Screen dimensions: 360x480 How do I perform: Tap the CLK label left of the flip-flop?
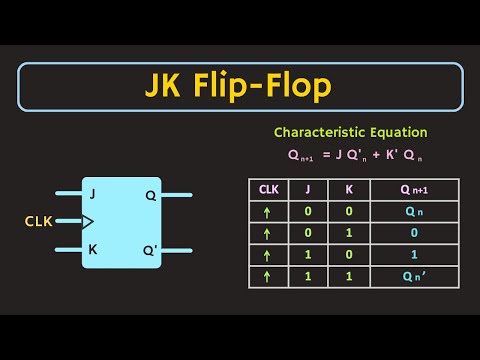click(x=40, y=221)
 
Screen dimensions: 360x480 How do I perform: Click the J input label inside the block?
click(x=94, y=195)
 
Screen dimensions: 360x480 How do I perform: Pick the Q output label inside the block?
click(x=150, y=195)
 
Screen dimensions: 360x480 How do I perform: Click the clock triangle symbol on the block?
click(x=87, y=221)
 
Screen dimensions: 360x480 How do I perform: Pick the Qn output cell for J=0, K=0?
click(x=412, y=211)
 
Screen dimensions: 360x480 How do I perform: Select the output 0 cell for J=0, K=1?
click(x=412, y=233)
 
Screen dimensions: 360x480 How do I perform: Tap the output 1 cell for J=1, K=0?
click(x=412, y=256)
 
